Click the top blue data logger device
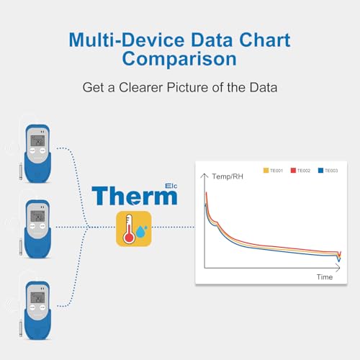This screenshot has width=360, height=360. coord(35,150)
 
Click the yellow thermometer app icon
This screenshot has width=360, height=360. coord(134,229)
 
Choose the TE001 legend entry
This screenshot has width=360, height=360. coord(272,171)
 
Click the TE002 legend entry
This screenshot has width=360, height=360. coord(300,171)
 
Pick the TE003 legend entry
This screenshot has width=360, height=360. coord(327,171)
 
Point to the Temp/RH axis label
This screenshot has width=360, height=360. coord(226,176)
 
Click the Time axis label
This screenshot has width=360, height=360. coord(325,276)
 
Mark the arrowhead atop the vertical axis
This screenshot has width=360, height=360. coord(205,175)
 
